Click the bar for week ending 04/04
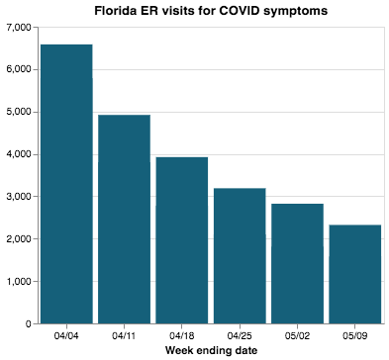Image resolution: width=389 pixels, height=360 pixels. pyautogui.click(x=66, y=184)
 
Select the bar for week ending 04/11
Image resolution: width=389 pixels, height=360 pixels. pyautogui.click(x=124, y=220)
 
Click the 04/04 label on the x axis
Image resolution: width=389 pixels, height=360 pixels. pyautogui.click(x=66, y=335)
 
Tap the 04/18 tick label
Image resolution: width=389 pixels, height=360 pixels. pyautogui.click(x=182, y=335)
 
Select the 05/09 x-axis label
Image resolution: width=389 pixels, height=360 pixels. pyautogui.click(x=354, y=335)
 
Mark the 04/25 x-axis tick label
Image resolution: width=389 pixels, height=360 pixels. pyautogui.click(x=240, y=335)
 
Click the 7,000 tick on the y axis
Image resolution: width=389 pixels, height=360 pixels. pyautogui.click(x=19, y=27)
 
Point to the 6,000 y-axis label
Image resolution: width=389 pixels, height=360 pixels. pyautogui.click(x=19, y=69)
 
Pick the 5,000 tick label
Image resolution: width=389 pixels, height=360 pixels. pyautogui.click(x=19, y=112)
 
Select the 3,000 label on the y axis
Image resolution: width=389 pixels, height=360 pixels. pyautogui.click(x=19, y=197)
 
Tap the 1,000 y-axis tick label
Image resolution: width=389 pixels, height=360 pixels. pyautogui.click(x=19, y=281)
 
